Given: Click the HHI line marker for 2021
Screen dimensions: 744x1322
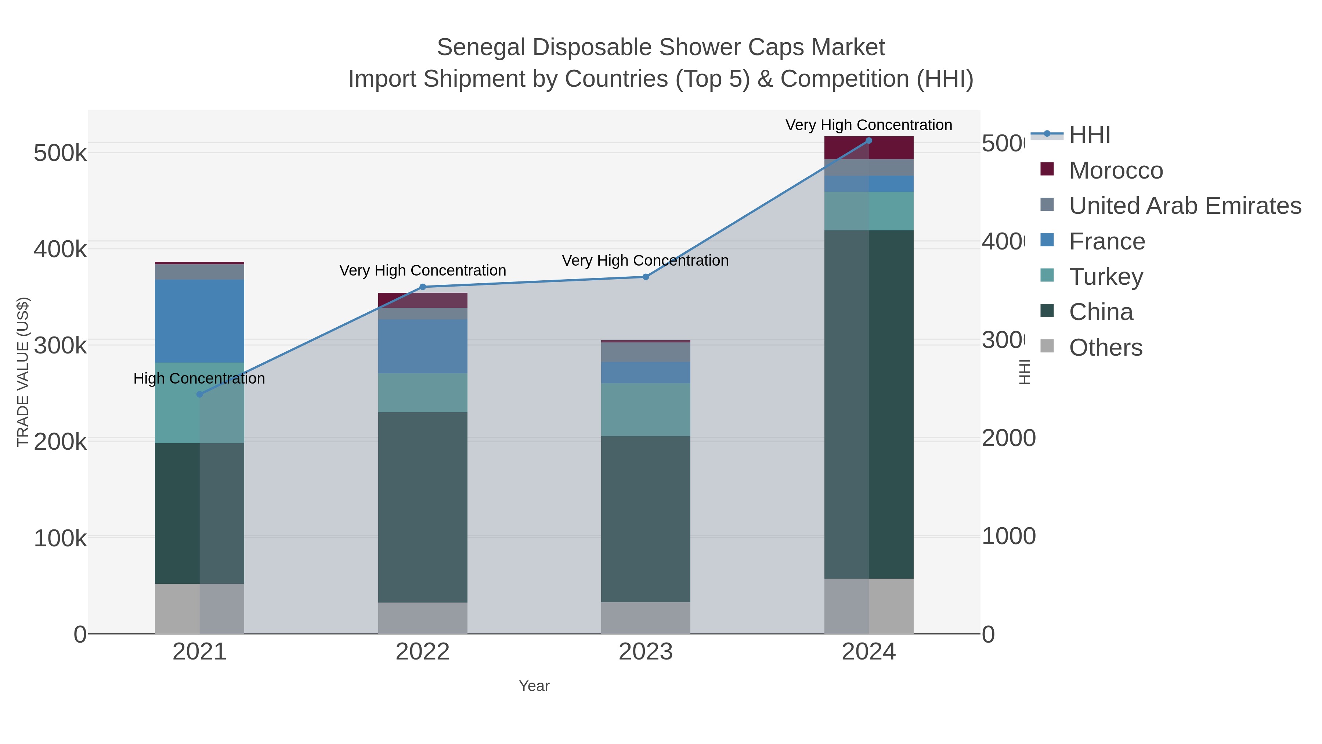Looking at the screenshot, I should pyautogui.click(x=200, y=394).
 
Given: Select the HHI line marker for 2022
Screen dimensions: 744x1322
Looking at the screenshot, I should pyautogui.click(x=423, y=287).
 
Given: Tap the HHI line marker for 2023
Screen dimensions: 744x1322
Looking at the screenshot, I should pyautogui.click(x=646, y=277).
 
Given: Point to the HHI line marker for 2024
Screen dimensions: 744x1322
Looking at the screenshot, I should pyautogui.click(x=869, y=141).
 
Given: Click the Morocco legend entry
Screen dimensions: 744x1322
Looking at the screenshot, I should pyautogui.click(x=1115, y=170).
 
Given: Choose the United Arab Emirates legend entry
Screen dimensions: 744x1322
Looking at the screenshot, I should pyautogui.click(x=1184, y=206).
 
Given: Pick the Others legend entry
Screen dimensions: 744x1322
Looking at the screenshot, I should pyautogui.click(x=1105, y=348).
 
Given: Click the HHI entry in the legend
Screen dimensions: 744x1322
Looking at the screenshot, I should pyautogui.click(x=1089, y=135).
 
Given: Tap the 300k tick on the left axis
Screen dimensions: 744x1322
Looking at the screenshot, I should pyautogui.click(x=60, y=345).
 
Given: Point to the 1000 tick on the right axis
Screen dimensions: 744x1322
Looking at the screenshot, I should pyautogui.click(x=1008, y=536).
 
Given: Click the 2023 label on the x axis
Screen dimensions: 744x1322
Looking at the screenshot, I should pyautogui.click(x=646, y=652).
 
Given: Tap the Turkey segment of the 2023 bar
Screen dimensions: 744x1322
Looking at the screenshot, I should pyautogui.click(x=646, y=409).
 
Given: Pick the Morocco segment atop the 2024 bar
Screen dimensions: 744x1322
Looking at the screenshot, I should pyautogui.click(x=869, y=148).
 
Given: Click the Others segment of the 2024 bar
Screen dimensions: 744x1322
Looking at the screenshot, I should pyautogui.click(x=869, y=606).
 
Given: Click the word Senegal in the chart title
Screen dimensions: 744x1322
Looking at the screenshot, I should pyautogui.click(x=480, y=47).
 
